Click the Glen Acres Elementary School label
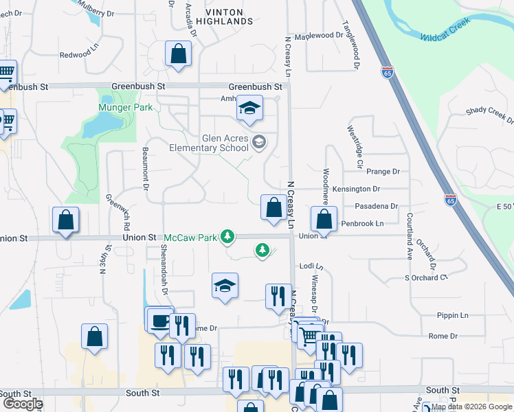(209, 142)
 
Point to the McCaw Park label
(190, 238)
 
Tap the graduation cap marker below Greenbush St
(249, 108)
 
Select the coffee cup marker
(160, 320)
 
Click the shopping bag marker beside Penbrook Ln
(324, 220)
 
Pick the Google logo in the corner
(22, 404)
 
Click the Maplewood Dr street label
(318, 35)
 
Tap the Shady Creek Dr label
(489, 114)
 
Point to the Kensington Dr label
(356, 189)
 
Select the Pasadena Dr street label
(376, 206)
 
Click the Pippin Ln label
(452, 315)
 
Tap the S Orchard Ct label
(425, 277)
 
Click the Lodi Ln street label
(311, 266)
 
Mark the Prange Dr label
(383, 172)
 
